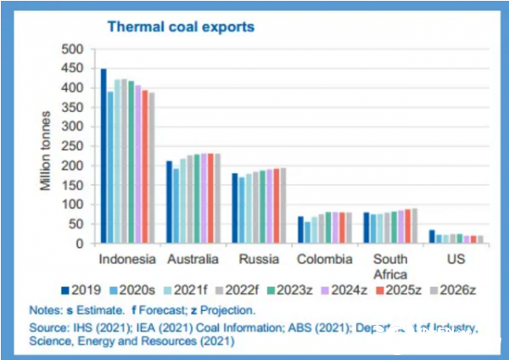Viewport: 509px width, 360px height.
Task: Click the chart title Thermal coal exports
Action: (180, 26)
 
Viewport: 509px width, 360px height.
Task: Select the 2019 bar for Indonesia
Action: (103, 156)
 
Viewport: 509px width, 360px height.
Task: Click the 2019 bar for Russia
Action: (234, 208)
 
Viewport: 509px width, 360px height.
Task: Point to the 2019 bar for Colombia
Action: (300, 230)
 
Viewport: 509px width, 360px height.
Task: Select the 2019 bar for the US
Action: (432, 237)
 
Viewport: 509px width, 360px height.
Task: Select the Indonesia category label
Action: (127, 258)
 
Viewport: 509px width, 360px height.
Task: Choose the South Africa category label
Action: (389, 266)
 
